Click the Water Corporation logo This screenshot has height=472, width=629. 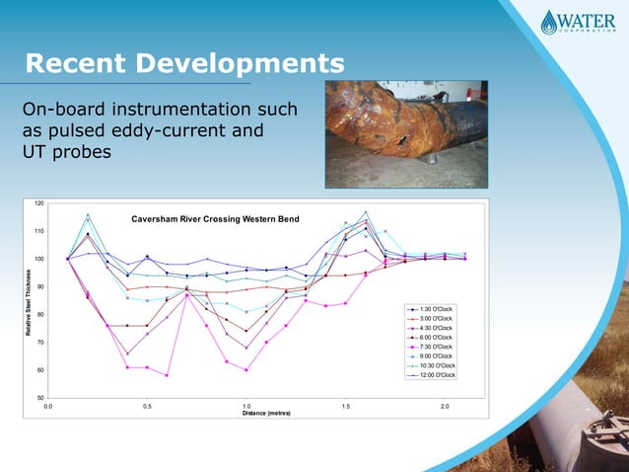point(576,22)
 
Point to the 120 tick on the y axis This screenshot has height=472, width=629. point(38,203)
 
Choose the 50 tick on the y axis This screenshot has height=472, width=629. point(39,398)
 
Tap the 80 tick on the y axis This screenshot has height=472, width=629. point(39,314)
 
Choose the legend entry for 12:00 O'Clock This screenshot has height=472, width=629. point(433,375)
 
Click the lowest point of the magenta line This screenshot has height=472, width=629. point(168,375)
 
